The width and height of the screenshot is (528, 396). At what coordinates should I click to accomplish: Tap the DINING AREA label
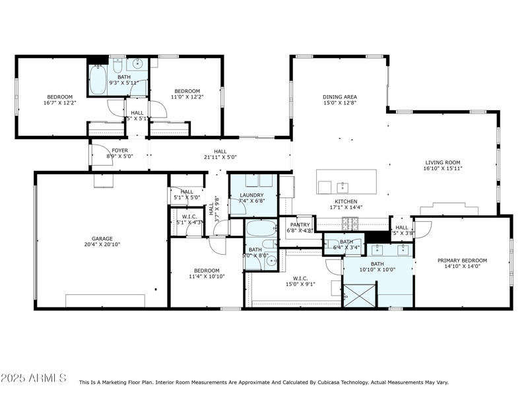pyautogui.click(x=339, y=97)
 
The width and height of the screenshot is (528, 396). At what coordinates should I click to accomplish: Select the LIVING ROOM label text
pyautogui.click(x=442, y=162)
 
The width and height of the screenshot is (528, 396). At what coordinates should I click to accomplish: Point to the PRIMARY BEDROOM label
pyautogui.click(x=462, y=260)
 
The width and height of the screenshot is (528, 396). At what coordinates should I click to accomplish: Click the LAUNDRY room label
pyautogui.click(x=252, y=195)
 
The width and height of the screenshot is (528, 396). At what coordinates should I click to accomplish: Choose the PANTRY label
pyautogui.click(x=300, y=224)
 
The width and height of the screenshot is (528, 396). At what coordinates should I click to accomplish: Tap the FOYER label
pyautogui.click(x=119, y=150)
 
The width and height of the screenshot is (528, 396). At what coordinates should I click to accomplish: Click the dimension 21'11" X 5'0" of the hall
pyautogui.click(x=220, y=157)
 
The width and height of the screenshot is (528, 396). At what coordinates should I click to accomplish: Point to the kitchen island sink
pyautogui.click(x=341, y=186)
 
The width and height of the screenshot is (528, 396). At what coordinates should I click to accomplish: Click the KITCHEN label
pyautogui.click(x=346, y=202)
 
